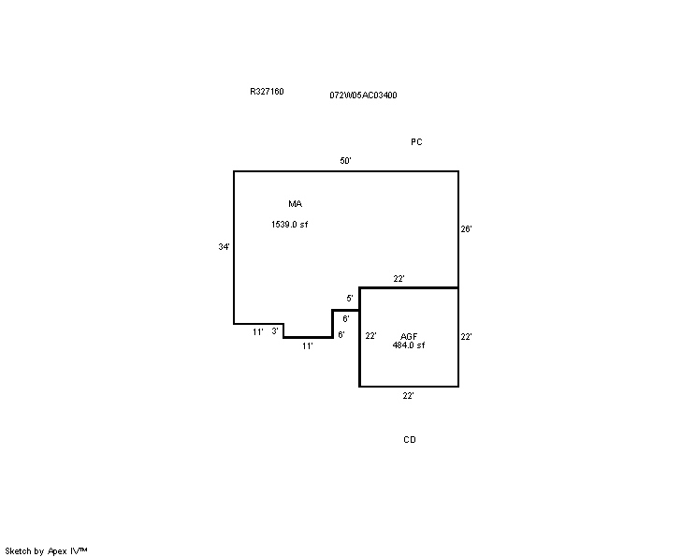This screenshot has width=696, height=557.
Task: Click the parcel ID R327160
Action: [x=267, y=92]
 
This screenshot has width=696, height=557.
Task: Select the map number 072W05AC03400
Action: [x=363, y=95]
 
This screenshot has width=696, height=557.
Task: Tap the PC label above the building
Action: [x=416, y=141]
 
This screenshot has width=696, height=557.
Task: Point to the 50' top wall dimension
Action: [x=346, y=161]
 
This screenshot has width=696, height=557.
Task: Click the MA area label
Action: [x=296, y=204]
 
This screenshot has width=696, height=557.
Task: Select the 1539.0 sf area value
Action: [x=289, y=225]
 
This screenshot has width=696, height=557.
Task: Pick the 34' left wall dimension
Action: [x=225, y=246]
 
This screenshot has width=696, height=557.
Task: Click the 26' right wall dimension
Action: [x=466, y=228]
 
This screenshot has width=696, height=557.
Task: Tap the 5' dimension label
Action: [x=350, y=299]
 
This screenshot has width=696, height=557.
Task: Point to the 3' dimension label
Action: [x=275, y=330]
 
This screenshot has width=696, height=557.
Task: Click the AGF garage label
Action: [x=409, y=336]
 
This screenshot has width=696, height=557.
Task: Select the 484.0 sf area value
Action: [x=409, y=345]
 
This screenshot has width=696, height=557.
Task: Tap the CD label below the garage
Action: [x=410, y=440]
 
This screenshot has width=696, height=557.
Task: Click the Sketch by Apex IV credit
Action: [x=46, y=551]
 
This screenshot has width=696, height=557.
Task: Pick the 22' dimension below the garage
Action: [x=409, y=396]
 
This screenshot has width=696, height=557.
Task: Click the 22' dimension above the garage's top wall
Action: [x=399, y=279]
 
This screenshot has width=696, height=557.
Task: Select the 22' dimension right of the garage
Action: [x=466, y=337]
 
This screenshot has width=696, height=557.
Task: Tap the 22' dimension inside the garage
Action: [x=371, y=336]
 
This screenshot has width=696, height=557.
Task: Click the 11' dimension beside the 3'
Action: [x=258, y=332]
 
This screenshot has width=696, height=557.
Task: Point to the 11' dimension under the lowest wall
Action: [x=308, y=346]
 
